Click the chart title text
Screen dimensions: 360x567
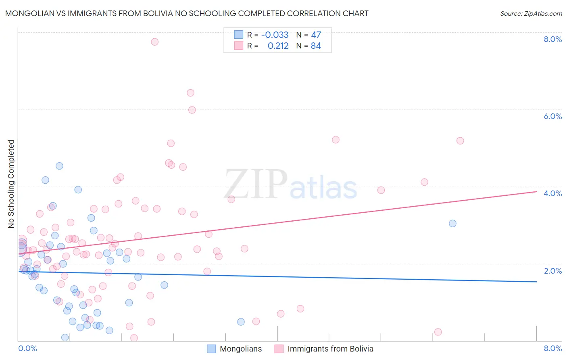187,13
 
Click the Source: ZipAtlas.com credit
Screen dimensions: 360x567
531,13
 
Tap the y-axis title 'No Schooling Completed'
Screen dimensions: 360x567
11,184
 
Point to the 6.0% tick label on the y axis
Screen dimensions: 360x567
552,116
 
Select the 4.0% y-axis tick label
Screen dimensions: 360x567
552,193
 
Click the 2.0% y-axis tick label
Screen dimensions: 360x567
552,271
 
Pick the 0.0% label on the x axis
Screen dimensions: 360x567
27,349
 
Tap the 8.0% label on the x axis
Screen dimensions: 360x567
552,349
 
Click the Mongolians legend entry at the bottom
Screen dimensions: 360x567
240,349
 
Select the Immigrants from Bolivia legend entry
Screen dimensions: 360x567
330,349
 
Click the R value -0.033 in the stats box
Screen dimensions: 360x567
275,35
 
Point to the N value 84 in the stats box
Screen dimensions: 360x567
316,46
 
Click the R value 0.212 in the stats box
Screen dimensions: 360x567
278,46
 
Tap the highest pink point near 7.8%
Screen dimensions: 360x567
154,42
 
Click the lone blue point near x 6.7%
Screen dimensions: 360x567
452,223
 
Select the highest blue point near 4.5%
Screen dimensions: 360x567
59,166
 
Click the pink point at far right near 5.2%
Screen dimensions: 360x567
460,141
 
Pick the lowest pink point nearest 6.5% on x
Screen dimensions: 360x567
438,332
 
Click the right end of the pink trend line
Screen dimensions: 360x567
536,192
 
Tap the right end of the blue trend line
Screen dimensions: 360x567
536,282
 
